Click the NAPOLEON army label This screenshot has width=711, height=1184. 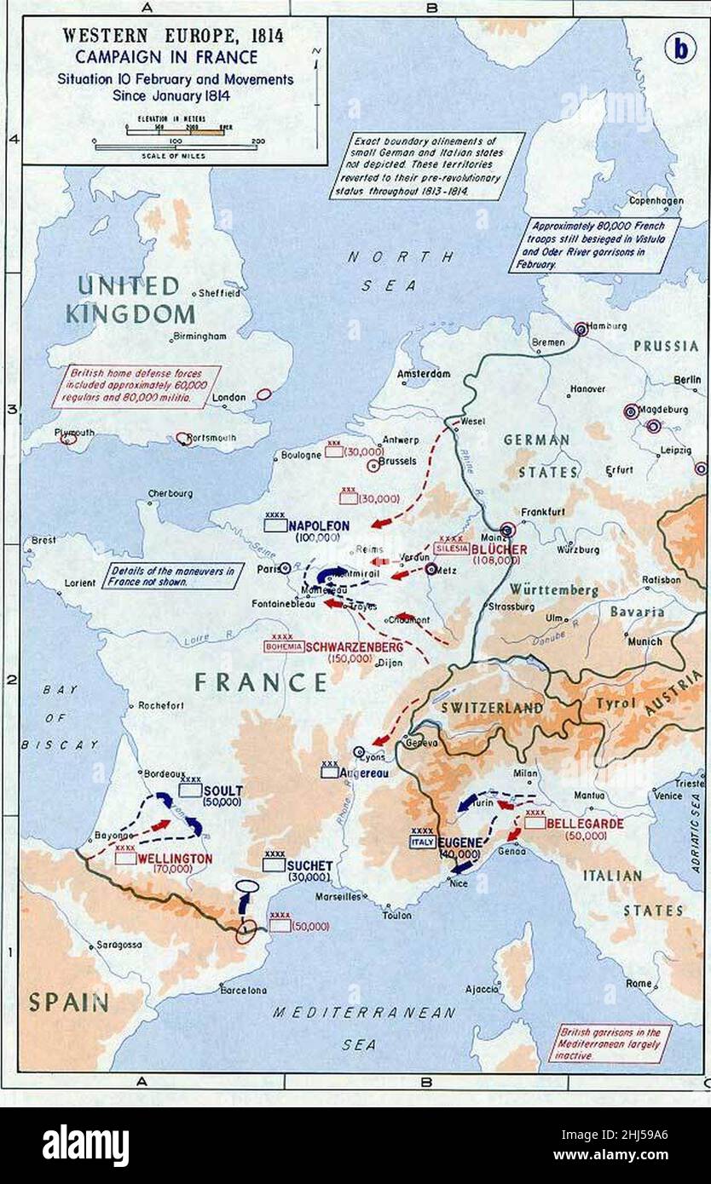(x=319, y=526)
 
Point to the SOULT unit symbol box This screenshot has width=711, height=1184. (x=191, y=790)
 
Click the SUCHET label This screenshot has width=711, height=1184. (x=309, y=865)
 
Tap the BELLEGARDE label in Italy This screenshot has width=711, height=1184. (x=585, y=824)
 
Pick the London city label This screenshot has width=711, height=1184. (x=229, y=397)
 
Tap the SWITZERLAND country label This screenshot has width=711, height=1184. (x=492, y=708)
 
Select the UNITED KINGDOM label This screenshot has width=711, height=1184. (x=130, y=299)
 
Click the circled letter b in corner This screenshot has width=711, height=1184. (x=679, y=49)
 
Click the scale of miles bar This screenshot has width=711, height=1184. (x=178, y=147)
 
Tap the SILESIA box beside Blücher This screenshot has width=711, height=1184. (x=451, y=549)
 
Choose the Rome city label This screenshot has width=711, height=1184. (x=639, y=983)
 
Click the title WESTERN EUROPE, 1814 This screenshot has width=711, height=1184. (x=173, y=37)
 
